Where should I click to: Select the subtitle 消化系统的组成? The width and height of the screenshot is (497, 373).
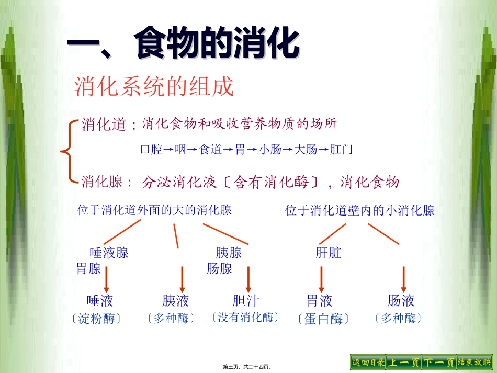tap(154, 87)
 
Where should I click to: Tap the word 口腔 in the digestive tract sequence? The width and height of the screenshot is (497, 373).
tap(151, 150)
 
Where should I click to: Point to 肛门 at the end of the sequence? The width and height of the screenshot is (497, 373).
tap(342, 150)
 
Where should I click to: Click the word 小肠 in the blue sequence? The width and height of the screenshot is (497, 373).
tap(270, 150)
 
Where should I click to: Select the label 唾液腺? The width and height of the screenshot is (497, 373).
tap(109, 253)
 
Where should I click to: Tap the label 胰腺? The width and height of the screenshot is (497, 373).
tap(229, 253)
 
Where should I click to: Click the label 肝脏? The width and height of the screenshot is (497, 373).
tap(329, 253)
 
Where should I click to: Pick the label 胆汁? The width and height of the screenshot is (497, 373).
tap(245, 301)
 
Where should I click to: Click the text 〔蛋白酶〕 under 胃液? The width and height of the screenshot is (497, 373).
tap(323, 319)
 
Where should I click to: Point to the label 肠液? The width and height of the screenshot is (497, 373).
tap(401, 301)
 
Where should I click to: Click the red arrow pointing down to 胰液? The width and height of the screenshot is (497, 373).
tap(182, 279)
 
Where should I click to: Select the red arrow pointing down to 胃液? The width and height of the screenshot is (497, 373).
tap(321, 279)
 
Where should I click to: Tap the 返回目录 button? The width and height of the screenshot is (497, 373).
tap(368, 362)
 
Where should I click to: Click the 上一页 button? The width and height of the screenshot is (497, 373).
tap(403, 362)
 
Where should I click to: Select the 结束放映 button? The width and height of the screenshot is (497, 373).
tap(474, 362)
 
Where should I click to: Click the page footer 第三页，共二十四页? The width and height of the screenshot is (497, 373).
tap(249, 367)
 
